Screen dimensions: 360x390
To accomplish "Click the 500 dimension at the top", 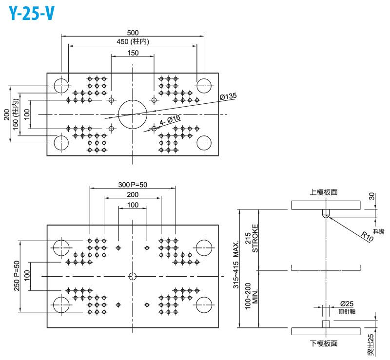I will pyautogui.click(x=133, y=32).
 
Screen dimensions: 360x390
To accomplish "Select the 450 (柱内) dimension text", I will pyautogui.click(x=133, y=41).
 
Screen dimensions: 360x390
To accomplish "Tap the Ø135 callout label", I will pyautogui.click(x=228, y=96).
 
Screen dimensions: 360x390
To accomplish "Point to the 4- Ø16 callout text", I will pyautogui.click(x=170, y=120).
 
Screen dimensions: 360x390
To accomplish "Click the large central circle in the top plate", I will pyautogui.click(x=133, y=114).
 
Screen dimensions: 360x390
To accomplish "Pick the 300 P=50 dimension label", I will pyautogui.click(x=132, y=185).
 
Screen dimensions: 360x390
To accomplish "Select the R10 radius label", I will pyautogui.click(x=368, y=236).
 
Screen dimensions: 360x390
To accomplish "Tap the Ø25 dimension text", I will pyautogui.click(x=346, y=304).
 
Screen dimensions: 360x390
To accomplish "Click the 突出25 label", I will pyautogui.click(x=371, y=344).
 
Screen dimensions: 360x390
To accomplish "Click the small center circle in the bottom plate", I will pyautogui.click(x=133, y=276).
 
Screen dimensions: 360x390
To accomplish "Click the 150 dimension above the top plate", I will pyautogui.click(x=133, y=53).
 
